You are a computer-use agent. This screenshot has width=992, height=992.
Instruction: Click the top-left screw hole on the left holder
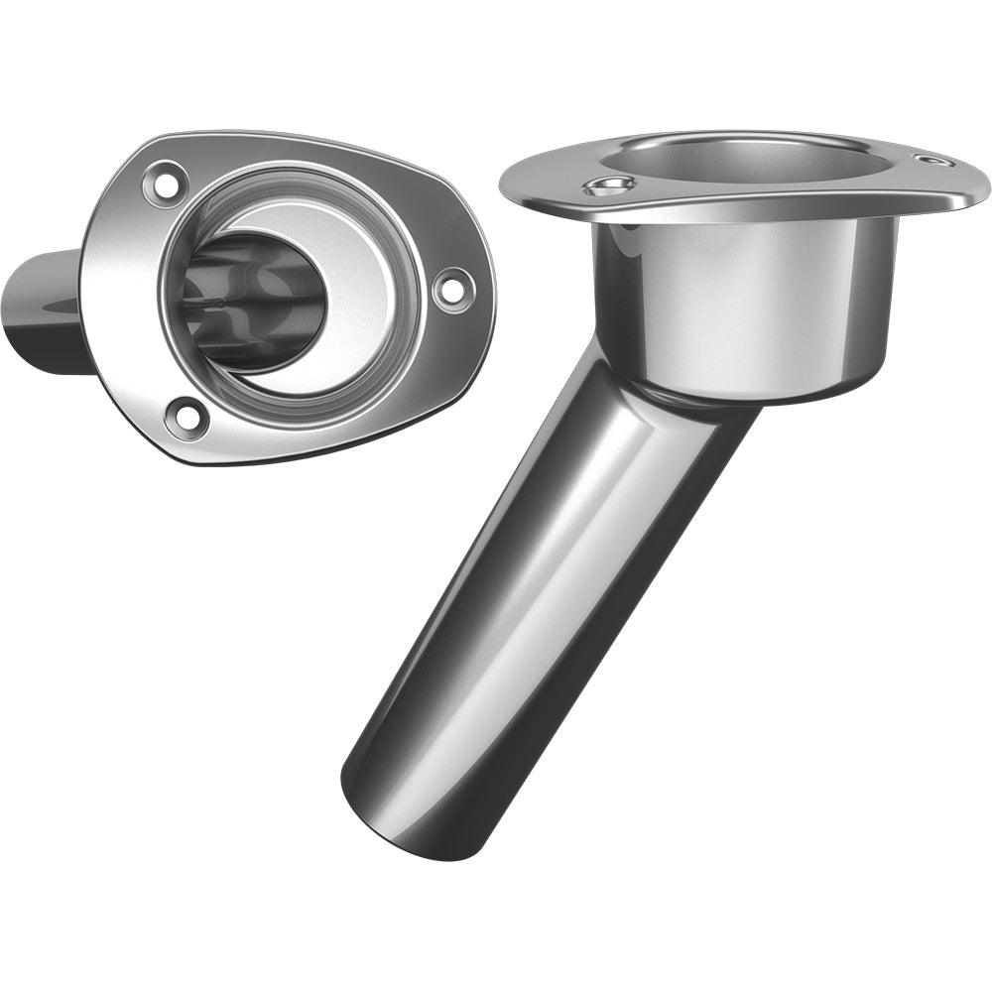click(x=165, y=184)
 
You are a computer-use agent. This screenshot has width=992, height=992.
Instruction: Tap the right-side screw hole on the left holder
click(x=452, y=289)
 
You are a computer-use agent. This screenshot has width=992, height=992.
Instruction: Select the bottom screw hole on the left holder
click(x=187, y=417)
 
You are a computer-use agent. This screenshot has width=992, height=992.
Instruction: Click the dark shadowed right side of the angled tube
click(x=635, y=635)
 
